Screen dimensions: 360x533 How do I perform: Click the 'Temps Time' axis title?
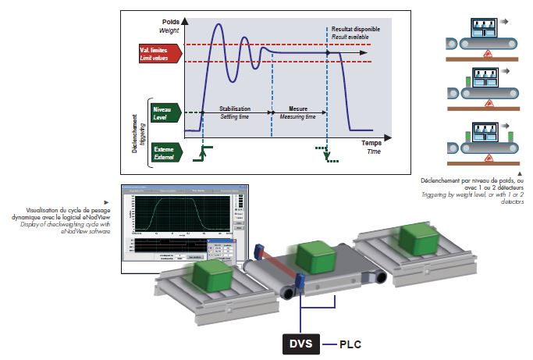point(374,147)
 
